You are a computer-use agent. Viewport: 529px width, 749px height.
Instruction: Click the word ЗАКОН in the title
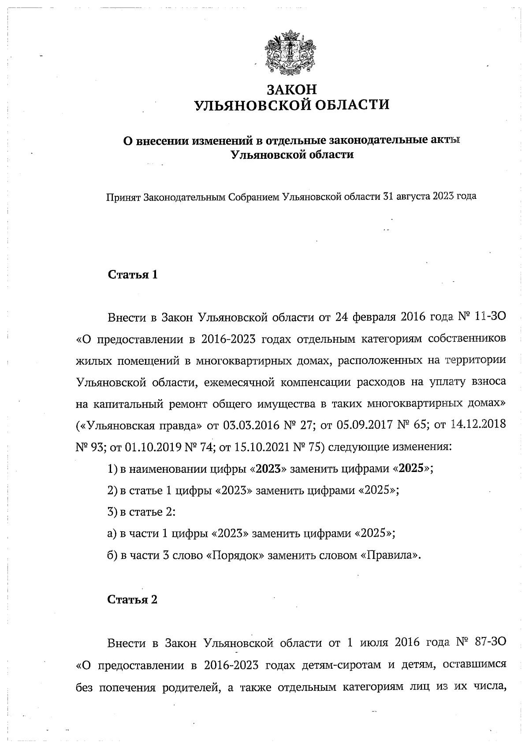click(x=292, y=90)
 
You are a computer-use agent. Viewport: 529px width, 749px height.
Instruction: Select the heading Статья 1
click(x=133, y=275)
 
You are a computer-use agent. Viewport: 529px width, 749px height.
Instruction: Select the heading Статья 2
click(x=133, y=600)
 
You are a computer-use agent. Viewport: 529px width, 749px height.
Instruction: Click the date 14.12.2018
click(x=478, y=426)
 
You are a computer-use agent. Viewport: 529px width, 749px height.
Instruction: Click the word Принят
click(x=123, y=196)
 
